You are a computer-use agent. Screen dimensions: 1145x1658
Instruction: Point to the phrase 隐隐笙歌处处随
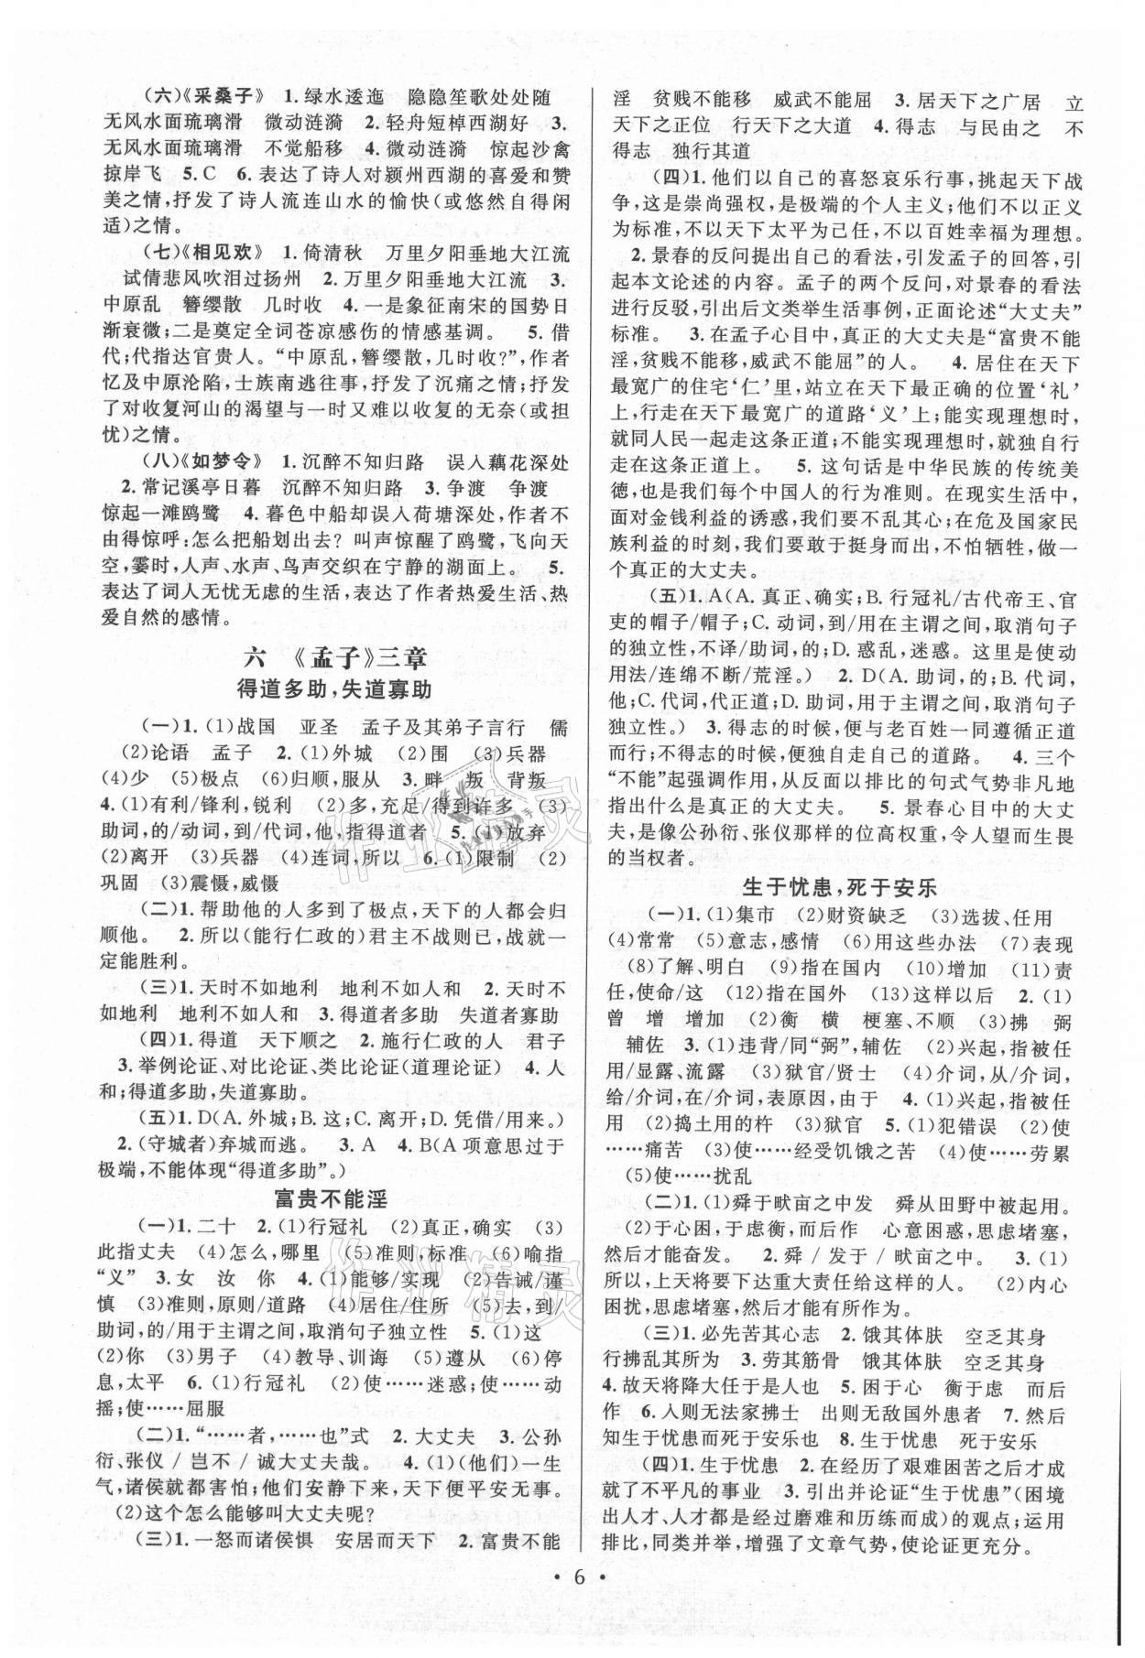tap(479, 95)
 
